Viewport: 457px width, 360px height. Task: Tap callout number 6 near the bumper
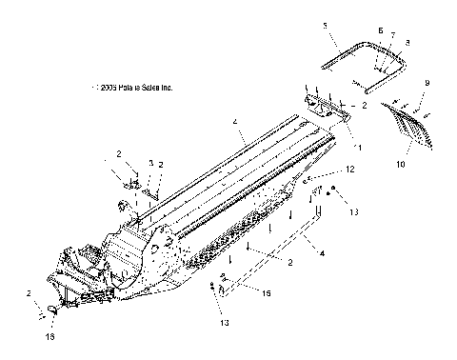click(x=380, y=30)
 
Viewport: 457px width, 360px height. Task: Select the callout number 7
click(x=391, y=34)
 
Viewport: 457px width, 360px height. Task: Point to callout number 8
click(x=407, y=42)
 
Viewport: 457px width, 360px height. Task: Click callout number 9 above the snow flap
click(x=427, y=84)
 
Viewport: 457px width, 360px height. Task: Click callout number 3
click(x=150, y=164)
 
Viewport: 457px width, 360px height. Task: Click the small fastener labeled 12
click(x=309, y=178)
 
